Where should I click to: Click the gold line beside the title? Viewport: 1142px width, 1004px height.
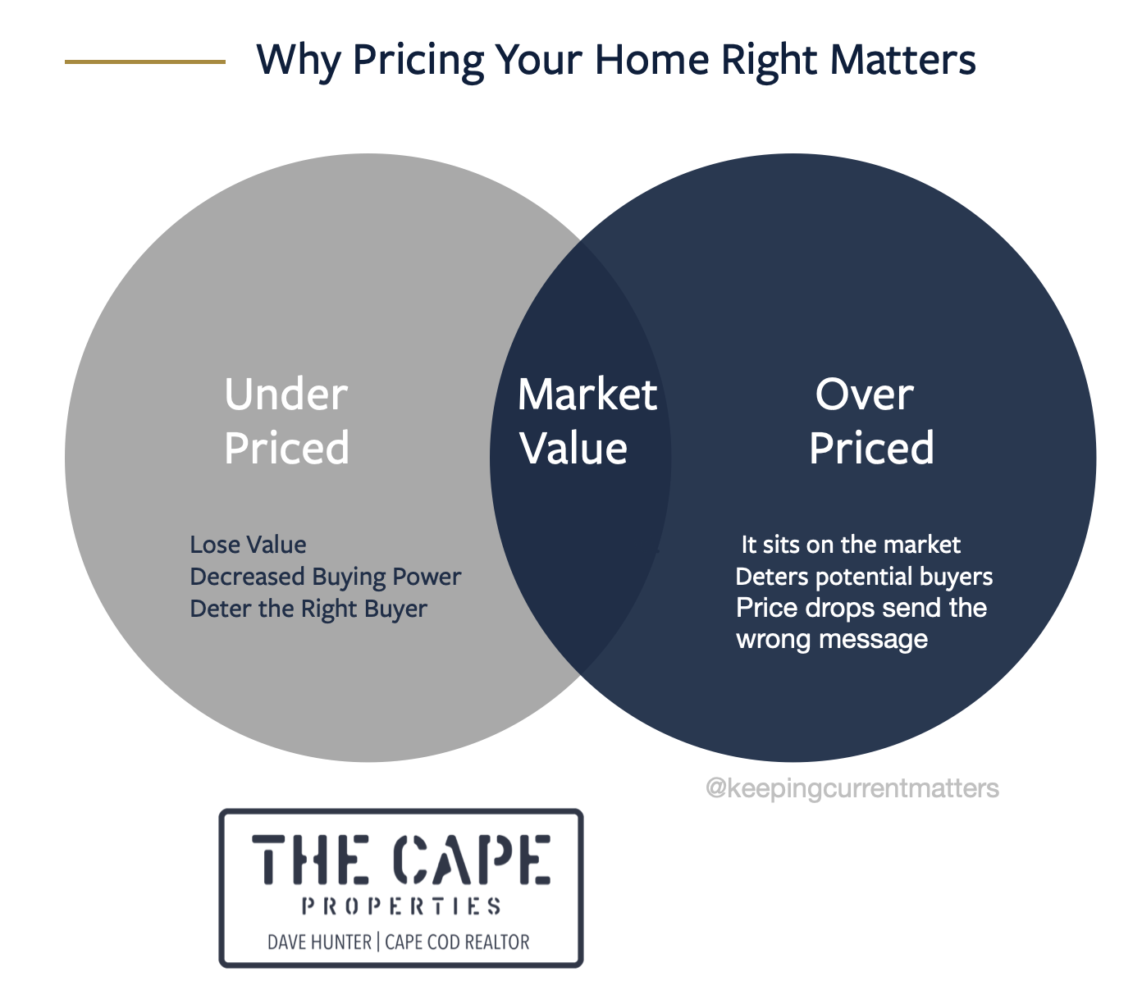tap(145, 62)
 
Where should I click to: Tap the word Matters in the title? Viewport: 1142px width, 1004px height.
tap(903, 60)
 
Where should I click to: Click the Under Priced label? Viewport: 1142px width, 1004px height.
tap(286, 421)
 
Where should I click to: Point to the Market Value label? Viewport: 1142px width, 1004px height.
tap(587, 421)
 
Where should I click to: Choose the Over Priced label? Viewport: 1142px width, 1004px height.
tap(871, 421)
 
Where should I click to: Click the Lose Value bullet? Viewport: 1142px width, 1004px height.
tap(248, 545)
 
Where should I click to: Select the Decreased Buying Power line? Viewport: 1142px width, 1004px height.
tap(325, 577)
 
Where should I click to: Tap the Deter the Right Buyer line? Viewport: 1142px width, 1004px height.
tap(308, 609)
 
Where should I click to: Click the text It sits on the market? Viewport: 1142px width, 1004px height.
tap(851, 545)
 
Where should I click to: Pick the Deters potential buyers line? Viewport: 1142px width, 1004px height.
tap(864, 577)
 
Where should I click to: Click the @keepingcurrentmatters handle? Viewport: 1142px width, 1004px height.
tap(852, 788)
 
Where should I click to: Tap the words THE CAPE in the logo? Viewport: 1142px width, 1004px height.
tap(401, 859)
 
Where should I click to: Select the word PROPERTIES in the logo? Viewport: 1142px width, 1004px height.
tap(401, 906)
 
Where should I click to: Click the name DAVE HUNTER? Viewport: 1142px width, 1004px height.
tap(319, 942)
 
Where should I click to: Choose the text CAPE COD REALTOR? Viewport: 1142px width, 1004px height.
tap(457, 942)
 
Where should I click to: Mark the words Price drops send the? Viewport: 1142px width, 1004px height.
tap(861, 609)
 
